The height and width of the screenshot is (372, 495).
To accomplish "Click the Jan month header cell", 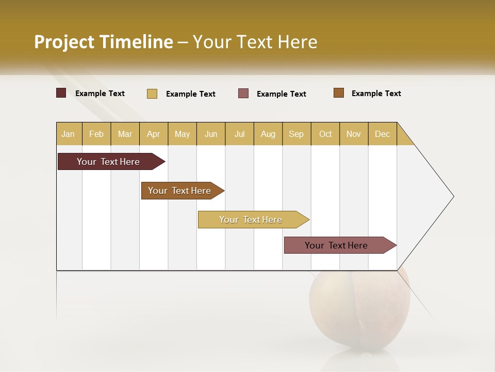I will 69,134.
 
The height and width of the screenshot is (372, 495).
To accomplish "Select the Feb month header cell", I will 96,134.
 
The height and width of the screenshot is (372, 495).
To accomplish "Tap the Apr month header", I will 154,134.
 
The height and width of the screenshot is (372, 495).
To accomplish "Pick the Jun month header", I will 211,134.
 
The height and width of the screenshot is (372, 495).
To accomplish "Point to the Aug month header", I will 268,134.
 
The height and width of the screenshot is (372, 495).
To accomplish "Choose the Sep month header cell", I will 296,134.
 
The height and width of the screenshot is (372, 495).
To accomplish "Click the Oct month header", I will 325,134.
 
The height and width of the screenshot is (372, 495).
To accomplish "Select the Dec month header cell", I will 383,134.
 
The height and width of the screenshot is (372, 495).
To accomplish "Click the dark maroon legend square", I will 61,93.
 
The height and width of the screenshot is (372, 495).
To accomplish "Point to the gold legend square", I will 152,94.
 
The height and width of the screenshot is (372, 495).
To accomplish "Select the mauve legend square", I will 243,94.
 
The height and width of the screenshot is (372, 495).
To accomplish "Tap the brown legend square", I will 339,93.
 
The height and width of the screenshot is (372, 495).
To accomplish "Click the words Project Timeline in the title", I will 104,41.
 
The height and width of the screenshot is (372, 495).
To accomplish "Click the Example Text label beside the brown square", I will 376,94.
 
